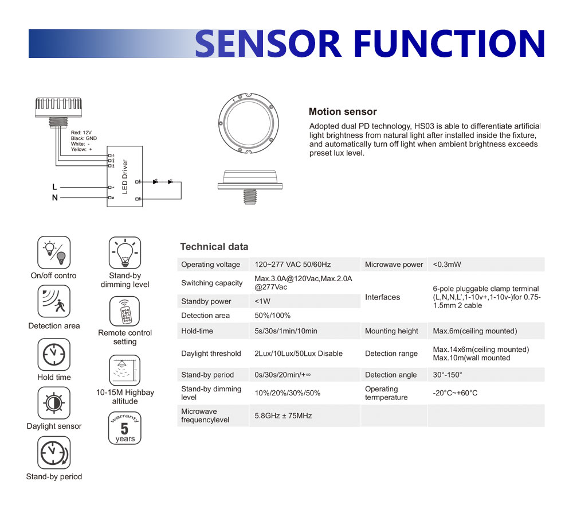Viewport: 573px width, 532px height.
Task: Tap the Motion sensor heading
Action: click(343, 112)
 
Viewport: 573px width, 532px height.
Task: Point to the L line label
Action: click(54, 187)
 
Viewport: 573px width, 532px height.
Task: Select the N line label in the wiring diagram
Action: click(55, 198)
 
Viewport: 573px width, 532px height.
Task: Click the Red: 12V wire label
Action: click(82, 133)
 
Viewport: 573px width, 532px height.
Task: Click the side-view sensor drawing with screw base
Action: click(251, 185)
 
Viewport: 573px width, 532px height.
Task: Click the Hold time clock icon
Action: click(54, 354)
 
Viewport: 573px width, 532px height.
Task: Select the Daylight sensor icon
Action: click(54, 403)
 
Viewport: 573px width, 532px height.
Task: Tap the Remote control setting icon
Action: click(124, 310)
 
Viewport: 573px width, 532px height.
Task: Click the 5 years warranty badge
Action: click(124, 428)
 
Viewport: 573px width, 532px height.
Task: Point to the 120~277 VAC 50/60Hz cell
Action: click(293, 265)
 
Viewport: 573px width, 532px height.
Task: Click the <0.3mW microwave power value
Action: click(447, 265)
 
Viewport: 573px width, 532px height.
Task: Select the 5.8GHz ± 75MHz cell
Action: click(283, 415)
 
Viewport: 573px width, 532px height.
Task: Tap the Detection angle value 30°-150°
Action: click(448, 375)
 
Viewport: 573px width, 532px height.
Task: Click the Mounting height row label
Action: click(391, 331)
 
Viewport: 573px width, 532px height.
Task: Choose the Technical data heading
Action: click(214, 247)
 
